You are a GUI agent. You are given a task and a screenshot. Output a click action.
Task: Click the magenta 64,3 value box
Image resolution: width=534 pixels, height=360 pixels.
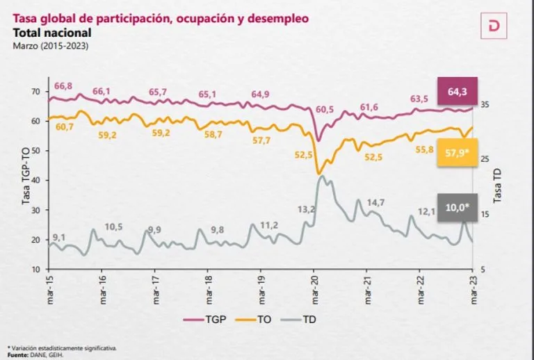tap(458, 90)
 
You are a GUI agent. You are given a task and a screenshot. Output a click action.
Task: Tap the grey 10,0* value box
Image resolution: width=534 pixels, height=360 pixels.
tap(457, 206)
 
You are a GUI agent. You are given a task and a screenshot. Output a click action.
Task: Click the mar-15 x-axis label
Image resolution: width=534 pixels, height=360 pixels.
tap(49, 286)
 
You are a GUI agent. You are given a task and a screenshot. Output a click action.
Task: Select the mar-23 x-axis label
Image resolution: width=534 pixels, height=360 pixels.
tap(473, 286)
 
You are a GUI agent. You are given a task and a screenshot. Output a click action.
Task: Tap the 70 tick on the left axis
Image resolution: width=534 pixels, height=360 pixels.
tap(35, 92)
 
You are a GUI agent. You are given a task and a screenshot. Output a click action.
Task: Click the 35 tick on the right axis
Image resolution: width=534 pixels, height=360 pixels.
tap(485, 104)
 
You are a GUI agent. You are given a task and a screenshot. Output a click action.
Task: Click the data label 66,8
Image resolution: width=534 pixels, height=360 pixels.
tap(63, 85)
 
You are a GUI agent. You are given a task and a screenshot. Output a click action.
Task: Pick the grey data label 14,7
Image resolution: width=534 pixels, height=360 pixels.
tap(375, 202)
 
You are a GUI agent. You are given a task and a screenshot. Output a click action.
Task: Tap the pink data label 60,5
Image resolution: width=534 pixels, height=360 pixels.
tap(325, 110)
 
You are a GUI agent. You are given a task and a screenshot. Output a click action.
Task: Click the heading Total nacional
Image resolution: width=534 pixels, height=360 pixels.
tap(52, 33)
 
